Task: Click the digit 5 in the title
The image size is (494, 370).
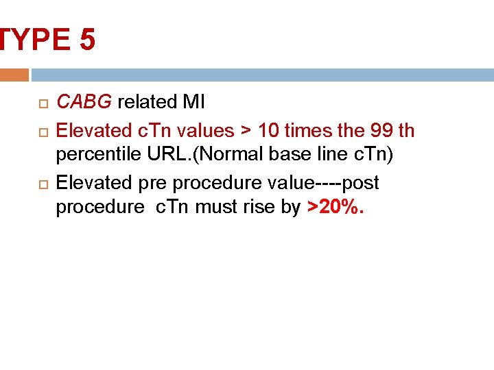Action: pyautogui.click(x=87, y=40)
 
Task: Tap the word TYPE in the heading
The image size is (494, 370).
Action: pyautogui.click(x=34, y=40)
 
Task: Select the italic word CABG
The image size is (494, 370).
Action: pyautogui.click(x=84, y=103)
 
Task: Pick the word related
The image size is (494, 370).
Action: pyautogui.click(x=147, y=103)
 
